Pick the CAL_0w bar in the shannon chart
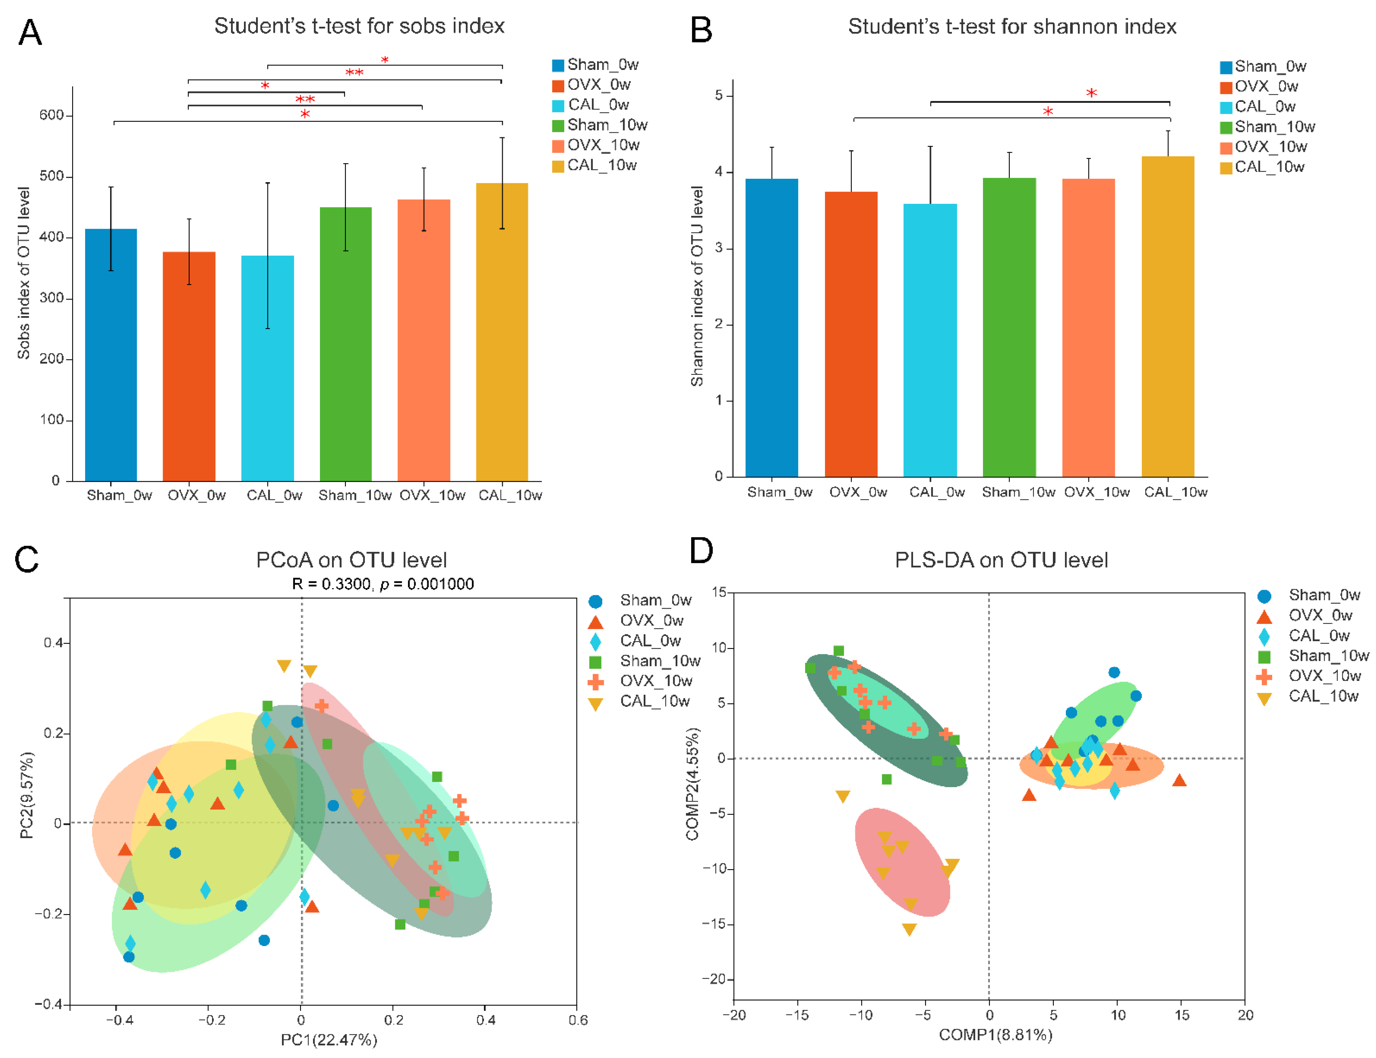[x=929, y=340]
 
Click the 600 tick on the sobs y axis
[x=52, y=115]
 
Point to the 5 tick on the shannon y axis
[x=719, y=96]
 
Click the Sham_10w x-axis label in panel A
[x=354, y=495]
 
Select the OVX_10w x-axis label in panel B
[x=1096, y=492]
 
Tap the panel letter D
[x=701, y=551]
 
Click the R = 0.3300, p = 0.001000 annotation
[x=382, y=584]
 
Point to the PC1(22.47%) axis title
[x=329, y=1040]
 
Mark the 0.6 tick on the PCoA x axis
[x=578, y=1020]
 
